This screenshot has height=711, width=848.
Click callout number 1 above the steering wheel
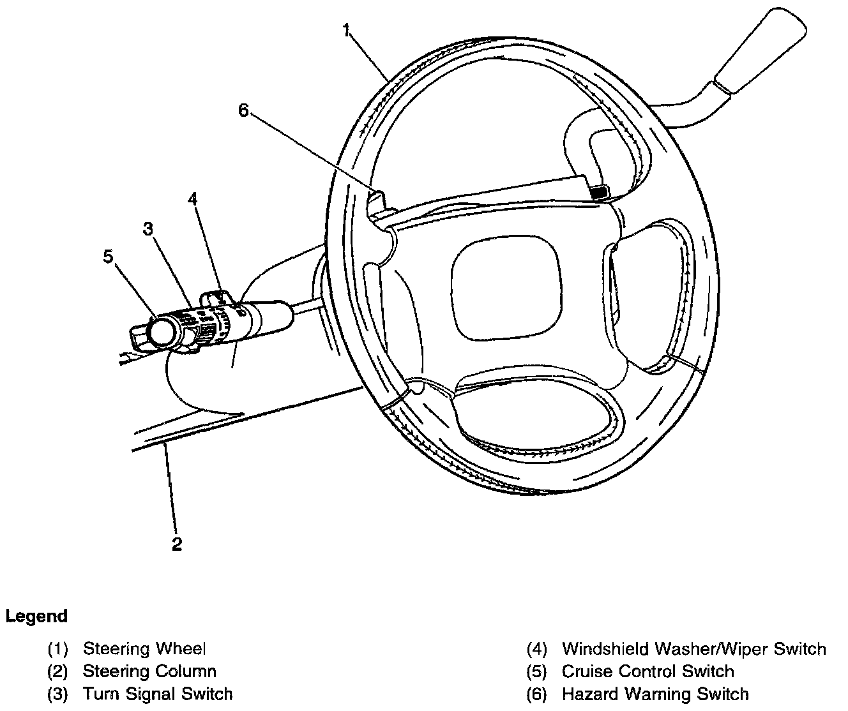345,29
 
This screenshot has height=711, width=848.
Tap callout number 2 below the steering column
177,544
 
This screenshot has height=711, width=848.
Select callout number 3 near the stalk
148,229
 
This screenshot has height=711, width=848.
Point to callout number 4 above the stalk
192,198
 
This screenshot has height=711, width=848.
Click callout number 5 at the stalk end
108,256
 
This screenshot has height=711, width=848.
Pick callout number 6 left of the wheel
243,110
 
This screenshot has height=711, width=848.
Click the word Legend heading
36,617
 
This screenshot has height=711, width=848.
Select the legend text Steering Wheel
144,649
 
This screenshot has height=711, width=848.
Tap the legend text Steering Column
149,671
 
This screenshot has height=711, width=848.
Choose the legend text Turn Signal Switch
158,694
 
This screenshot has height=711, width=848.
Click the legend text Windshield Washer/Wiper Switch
693,649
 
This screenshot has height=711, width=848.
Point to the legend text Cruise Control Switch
647,671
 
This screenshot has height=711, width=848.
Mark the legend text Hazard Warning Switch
655,694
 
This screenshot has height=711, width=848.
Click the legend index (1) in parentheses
58,649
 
